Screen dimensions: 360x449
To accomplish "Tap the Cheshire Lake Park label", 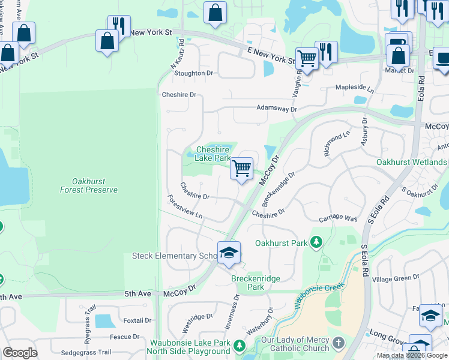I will coord(214,154).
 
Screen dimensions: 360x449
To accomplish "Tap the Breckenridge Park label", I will coord(247,283).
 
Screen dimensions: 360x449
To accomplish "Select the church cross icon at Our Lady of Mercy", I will coord(339,344).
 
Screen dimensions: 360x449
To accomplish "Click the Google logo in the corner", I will coord(20,353).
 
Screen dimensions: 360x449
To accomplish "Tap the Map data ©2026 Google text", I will coord(412,355).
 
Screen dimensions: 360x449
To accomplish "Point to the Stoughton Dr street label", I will coord(193,73).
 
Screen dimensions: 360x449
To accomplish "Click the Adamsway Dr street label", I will coord(276,109).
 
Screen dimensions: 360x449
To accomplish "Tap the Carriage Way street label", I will coord(338,219).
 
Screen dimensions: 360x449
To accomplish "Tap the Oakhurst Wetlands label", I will coord(411,162).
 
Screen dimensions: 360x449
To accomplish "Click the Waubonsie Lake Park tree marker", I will coord(240,346).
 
